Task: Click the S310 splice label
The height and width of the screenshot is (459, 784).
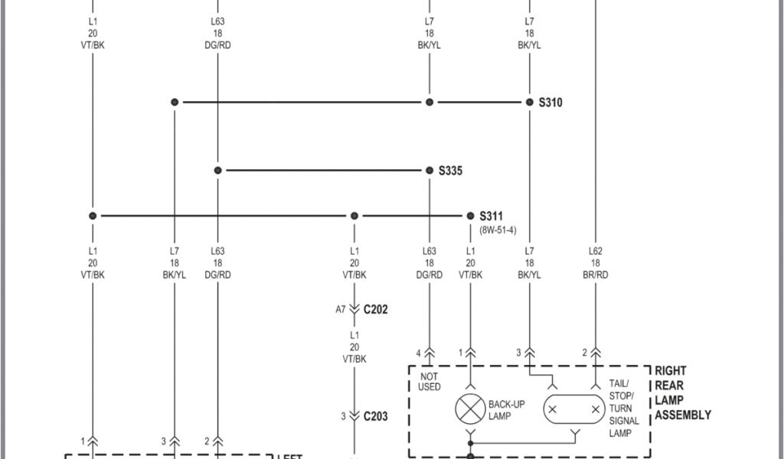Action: tap(550, 102)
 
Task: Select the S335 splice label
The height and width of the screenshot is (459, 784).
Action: tap(450, 171)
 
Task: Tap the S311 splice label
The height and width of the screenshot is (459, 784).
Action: tap(492, 216)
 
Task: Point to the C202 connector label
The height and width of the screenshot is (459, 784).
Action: tap(375, 309)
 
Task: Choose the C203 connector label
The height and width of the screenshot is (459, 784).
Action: tap(375, 416)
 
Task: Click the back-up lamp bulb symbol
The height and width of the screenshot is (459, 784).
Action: tap(470, 409)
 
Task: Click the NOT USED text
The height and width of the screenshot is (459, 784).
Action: tap(430, 381)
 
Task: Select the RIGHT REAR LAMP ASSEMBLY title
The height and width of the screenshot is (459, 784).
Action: tap(682, 392)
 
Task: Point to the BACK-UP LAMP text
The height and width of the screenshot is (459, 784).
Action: tap(506, 409)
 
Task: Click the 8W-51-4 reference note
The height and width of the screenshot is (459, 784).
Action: tap(498, 229)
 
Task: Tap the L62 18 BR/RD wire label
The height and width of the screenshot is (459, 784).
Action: tap(595, 262)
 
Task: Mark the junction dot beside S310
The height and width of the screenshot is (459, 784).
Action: tap(529, 102)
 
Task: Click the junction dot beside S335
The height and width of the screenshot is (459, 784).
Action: tap(430, 171)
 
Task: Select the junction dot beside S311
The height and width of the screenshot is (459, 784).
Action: tap(470, 216)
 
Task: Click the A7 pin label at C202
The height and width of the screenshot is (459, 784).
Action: tap(341, 309)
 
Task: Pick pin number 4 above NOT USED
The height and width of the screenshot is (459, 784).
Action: tap(419, 353)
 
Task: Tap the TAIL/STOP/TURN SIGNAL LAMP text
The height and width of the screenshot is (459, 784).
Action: tap(624, 409)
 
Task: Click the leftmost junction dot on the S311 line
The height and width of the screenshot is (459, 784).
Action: tap(93, 216)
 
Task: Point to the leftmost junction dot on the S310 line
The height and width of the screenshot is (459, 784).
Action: tap(175, 102)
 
